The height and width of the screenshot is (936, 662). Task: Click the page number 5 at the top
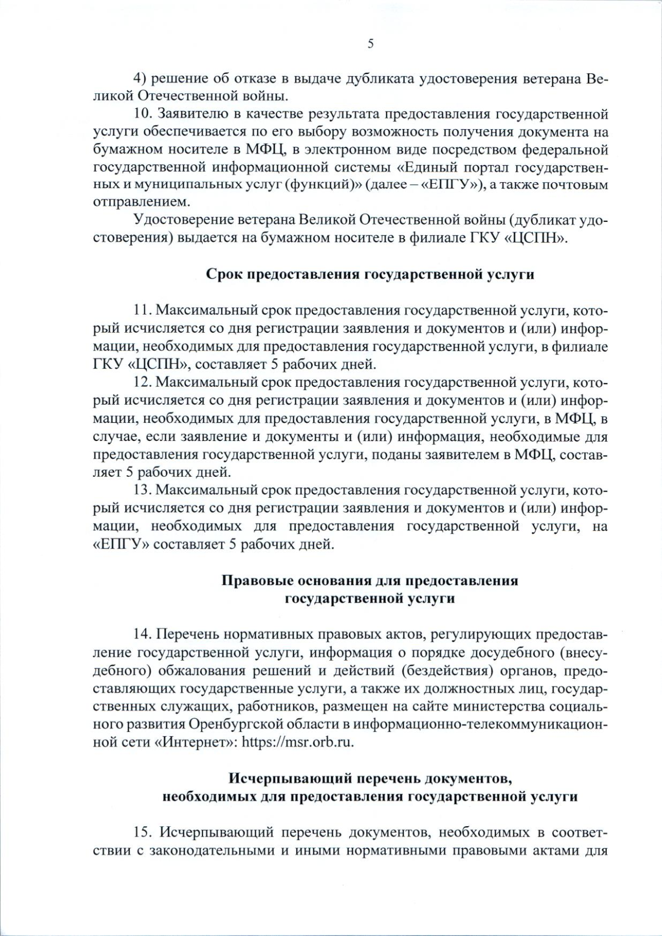coord(370,45)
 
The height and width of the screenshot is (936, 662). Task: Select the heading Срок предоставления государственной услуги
coord(370,274)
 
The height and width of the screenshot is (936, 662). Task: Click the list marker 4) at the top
coord(140,79)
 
